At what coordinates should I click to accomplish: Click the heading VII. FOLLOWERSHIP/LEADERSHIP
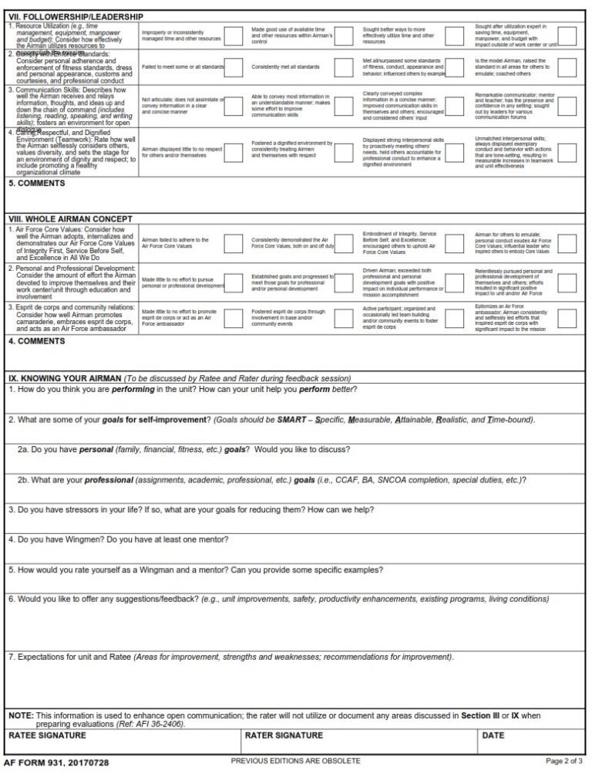click(76, 16)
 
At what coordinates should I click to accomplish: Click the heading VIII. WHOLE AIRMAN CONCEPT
click(70, 218)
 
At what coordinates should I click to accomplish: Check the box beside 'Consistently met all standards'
click(344, 67)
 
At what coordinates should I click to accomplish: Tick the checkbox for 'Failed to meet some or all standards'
click(234, 67)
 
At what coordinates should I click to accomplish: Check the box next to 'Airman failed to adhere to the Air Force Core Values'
click(234, 243)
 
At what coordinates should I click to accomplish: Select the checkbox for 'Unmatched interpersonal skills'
click(567, 152)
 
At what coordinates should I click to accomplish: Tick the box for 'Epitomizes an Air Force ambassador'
click(567, 318)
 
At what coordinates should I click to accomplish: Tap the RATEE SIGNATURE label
click(47, 735)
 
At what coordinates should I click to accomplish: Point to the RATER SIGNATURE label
click(284, 735)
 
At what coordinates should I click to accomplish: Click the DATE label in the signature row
click(493, 735)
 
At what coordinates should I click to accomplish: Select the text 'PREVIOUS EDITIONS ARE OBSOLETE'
click(295, 761)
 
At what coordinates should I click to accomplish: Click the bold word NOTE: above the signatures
click(21, 715)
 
